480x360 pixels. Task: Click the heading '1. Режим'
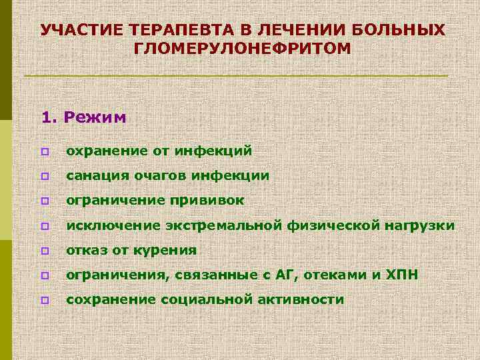click(x=83, y=117)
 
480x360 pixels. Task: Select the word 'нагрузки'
click(x=420, y=225)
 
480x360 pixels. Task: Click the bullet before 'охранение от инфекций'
click(x=45, y=152)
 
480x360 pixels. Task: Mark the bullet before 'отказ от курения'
click(x=45, y=251)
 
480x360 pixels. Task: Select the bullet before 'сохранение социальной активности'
click(x=45, y=301)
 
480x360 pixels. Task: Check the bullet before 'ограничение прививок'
click(x=45, y=201)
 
